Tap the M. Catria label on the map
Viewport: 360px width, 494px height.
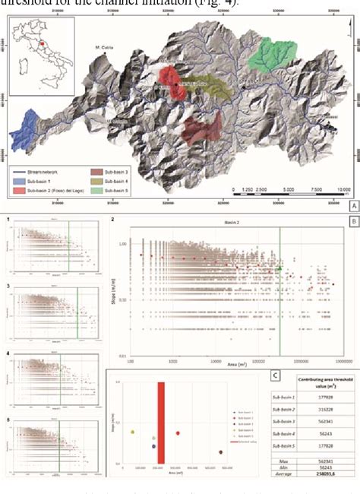pos(105,48)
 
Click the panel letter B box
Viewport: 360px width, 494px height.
pos(353,223)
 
